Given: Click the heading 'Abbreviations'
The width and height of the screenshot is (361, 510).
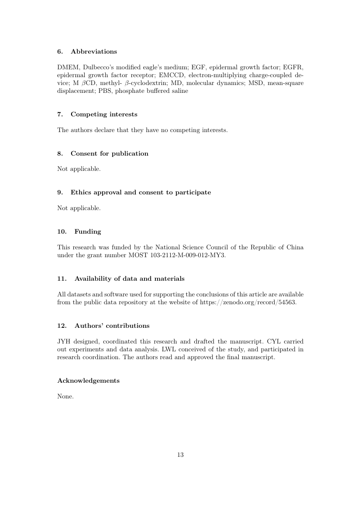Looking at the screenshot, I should pos(93,51).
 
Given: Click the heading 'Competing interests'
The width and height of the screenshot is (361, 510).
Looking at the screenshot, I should pos(104,114).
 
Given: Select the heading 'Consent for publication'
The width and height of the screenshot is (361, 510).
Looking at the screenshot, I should pos(109,153).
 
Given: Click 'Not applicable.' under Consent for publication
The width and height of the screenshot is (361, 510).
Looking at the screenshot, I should pos(79,169).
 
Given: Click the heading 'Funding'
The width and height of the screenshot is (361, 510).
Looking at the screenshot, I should pos(87,231).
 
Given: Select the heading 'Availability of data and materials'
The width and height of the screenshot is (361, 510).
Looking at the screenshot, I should pos(129,279).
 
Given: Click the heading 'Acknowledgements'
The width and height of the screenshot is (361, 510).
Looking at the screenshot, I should pos(88,381).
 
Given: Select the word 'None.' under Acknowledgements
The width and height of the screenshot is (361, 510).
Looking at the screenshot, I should pos(65,396).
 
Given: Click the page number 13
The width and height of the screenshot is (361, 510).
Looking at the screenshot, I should pos(180,455).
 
